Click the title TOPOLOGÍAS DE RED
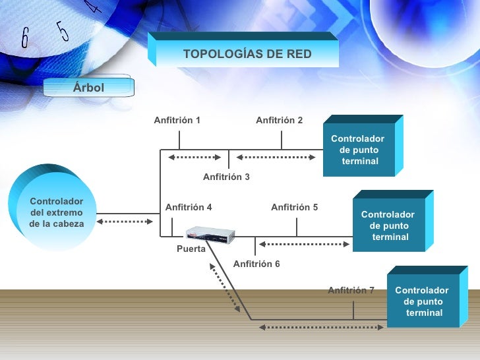[247, 54]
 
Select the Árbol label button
[89, 87]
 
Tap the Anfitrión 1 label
[177, 120]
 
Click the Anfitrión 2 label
[279, 120]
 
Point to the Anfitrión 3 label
[226, 177]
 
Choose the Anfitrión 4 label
[189, 207]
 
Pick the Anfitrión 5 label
[295, 207]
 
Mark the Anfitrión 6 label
[256, 264]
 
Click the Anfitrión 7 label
[351, 290]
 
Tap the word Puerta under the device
[191, 249]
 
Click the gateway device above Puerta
[210, 235]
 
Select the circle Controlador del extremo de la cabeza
[52, 207]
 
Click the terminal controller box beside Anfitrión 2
[363, 146]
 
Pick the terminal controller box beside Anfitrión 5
[393, 221]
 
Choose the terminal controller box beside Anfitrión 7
[427, 297]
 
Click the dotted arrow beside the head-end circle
[125, 222]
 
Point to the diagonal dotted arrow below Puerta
[225, 287]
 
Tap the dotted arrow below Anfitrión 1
[195, 158]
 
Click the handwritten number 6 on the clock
[25, 38]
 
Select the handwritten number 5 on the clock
[63, 31]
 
